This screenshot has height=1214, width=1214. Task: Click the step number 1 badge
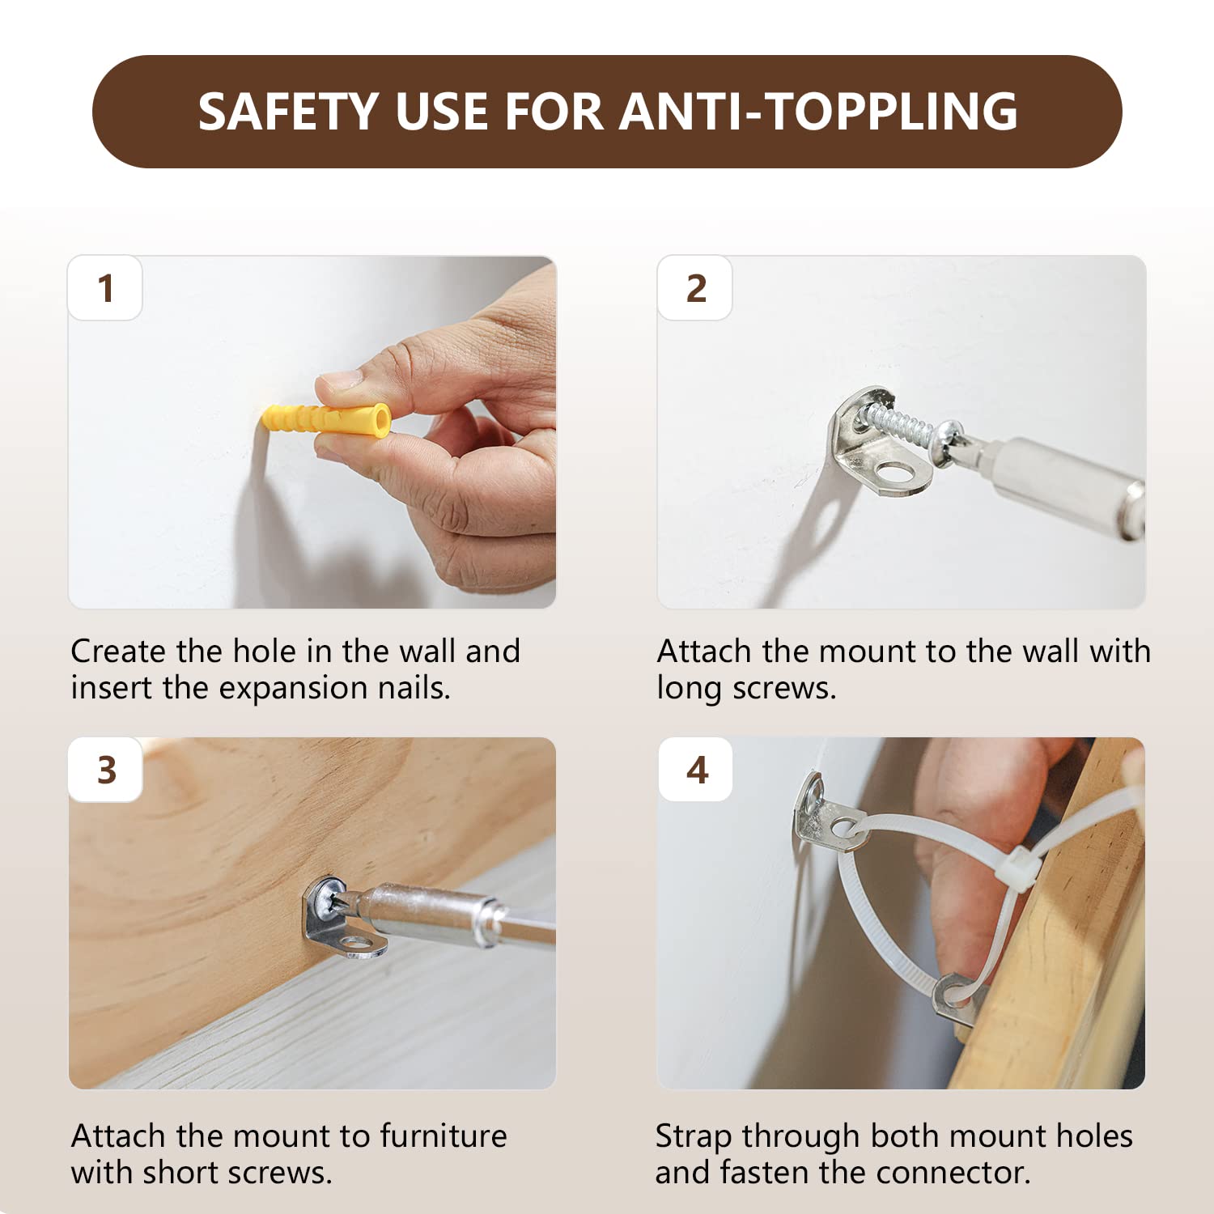click(105, 288)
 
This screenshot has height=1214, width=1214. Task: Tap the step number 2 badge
click(695, 288)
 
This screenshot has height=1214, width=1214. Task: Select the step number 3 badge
click(106, 770)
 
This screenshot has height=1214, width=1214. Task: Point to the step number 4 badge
click(696, 770)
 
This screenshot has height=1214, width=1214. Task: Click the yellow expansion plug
click(326, 420)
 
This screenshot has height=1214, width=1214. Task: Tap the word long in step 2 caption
click(689, 689)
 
